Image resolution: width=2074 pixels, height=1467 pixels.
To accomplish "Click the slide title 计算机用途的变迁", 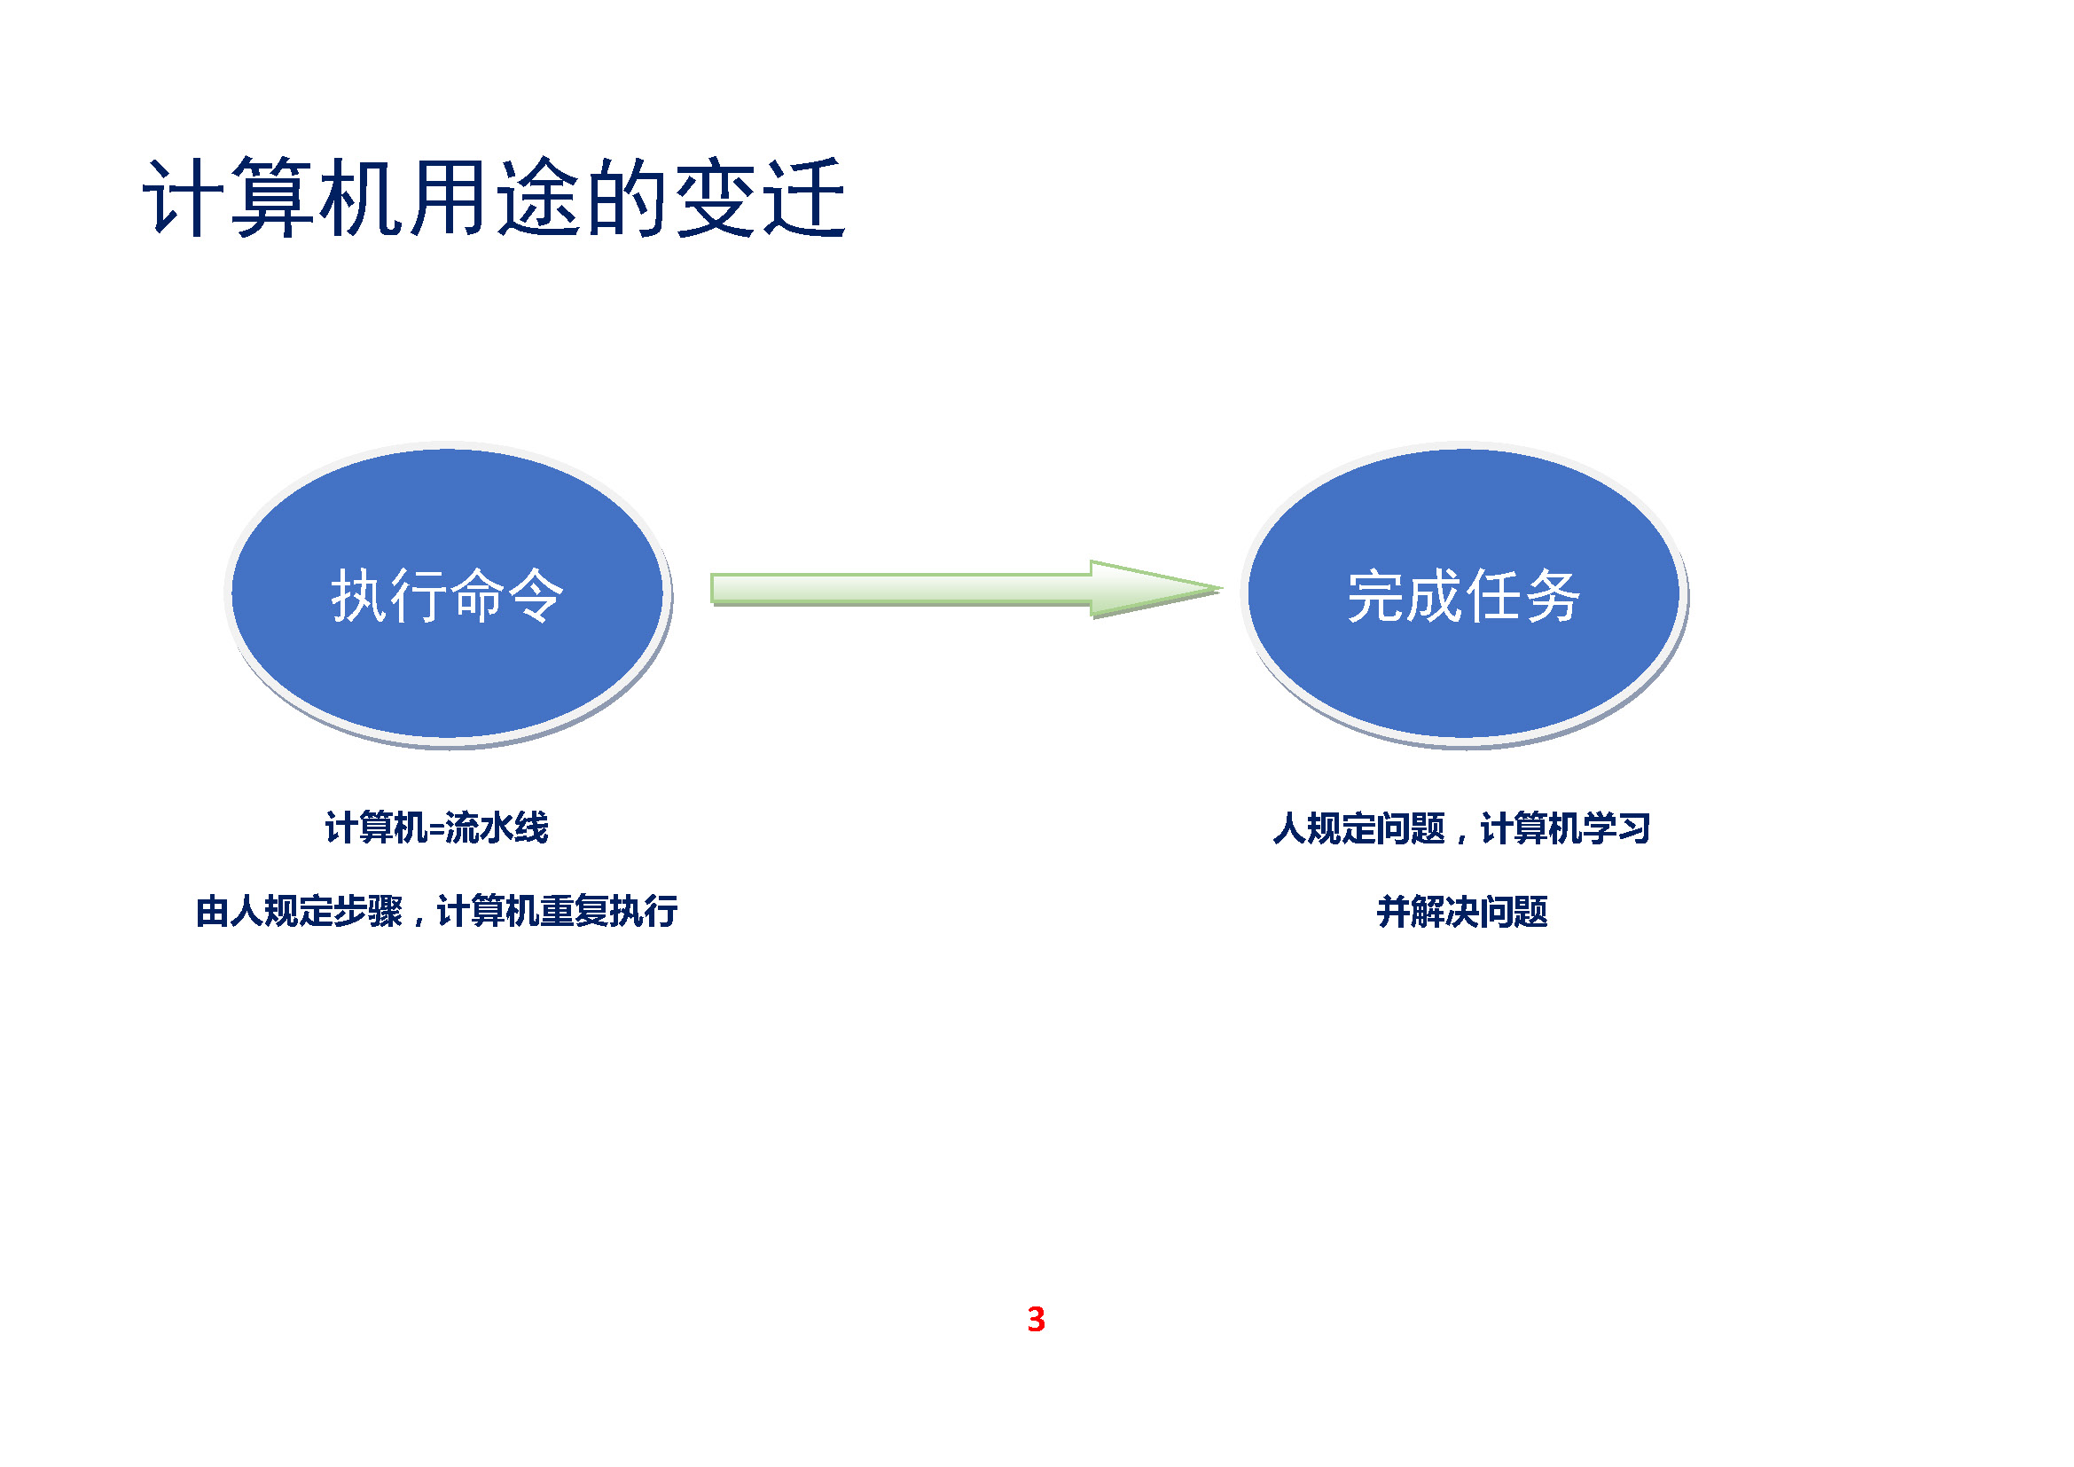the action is tap(494, 198).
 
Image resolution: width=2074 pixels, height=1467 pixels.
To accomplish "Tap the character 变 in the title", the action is tap(716, 198).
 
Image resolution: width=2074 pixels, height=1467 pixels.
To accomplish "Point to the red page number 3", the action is tap(1036, 1320).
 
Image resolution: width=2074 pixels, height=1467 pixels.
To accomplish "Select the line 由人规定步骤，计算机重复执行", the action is tap(436, 912).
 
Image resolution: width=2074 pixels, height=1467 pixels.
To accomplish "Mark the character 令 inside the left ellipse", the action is tap(536, 596).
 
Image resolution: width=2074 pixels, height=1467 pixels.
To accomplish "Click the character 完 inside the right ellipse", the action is tap(1375, 596).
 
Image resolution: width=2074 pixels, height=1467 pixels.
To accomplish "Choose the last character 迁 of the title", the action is tap(804, 198).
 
